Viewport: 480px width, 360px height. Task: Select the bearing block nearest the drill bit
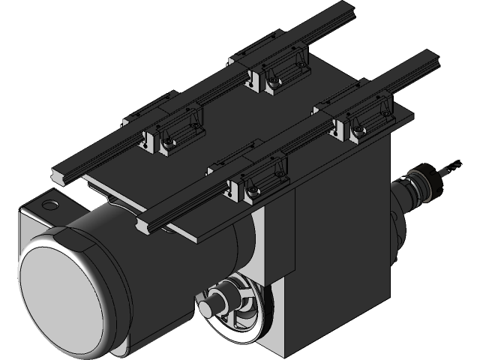(x=365, y=121)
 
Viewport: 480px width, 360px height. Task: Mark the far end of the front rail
(x=431, y=60)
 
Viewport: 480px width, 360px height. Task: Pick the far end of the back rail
(x=349, y=15)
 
